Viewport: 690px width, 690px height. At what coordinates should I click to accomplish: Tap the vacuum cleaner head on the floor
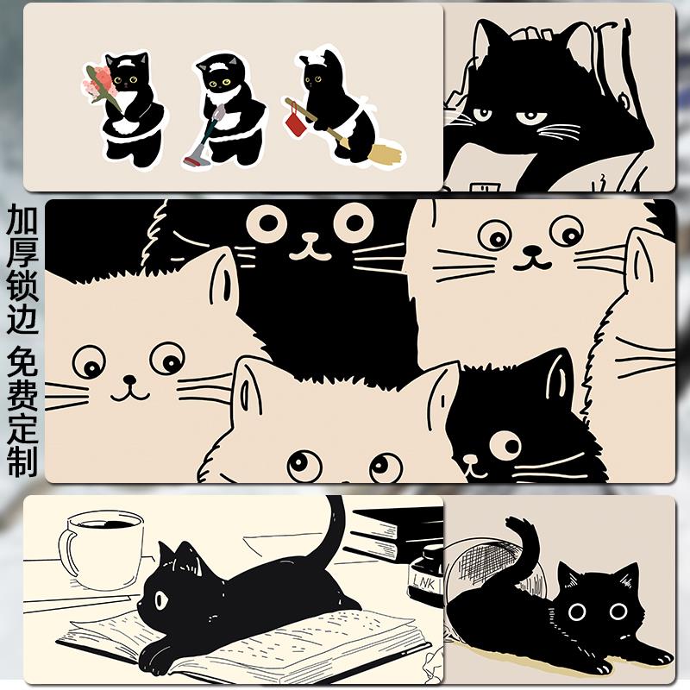click(x=196, y=160)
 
